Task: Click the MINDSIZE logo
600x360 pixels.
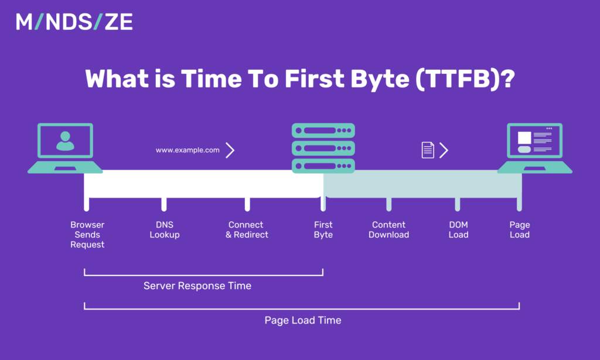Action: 74,22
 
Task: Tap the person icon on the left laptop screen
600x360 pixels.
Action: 65,141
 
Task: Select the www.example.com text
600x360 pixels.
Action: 187,150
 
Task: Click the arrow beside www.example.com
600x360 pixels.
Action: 230,150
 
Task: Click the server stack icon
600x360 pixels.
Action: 323,148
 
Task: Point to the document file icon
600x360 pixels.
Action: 428,150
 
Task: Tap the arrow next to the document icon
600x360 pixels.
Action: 444,150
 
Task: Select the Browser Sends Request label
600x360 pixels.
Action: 87,235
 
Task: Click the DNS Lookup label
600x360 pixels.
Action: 165,230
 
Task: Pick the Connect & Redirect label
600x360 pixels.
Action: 247,230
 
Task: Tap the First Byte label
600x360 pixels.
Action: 323,230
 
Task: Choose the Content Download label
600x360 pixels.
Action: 388,230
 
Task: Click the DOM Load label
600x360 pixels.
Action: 458,230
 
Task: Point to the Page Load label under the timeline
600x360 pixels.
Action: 519,230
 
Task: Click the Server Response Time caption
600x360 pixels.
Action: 197,286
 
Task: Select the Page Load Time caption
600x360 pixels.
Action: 302,320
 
